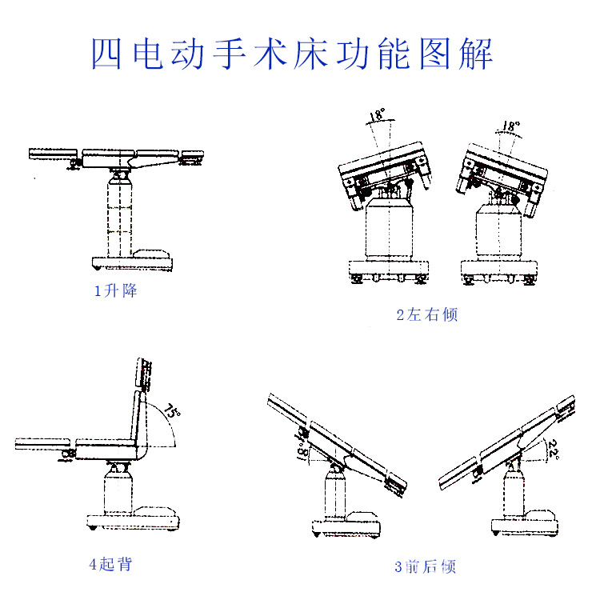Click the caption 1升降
coord(116,291)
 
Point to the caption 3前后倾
coord(425,567)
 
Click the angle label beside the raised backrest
coord(172,413)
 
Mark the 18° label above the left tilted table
coord(376,117)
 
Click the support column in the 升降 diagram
coord(118,212)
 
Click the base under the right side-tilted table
coord(498,269)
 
